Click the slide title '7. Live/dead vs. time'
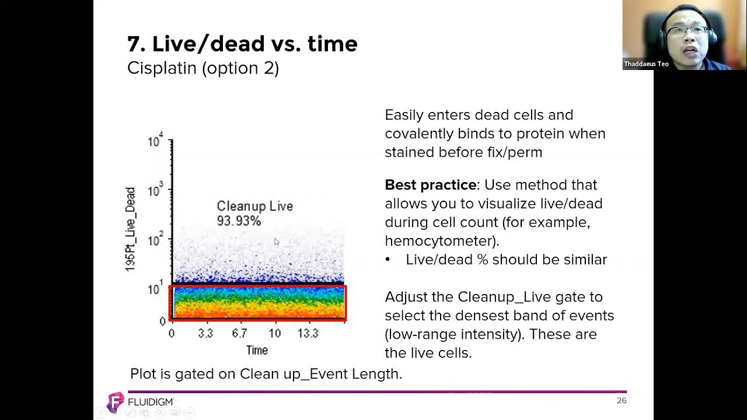click(x=242, y=44)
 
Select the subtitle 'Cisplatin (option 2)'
click(x=203, y=68)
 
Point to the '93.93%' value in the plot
click(x=239, y=221)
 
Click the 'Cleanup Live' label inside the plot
click(x=254, y=206)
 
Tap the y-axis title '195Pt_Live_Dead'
click(x=130, y=229)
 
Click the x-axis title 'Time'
click(x=257, y=350)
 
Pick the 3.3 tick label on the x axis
click(x=205, y=334)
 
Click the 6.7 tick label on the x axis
click(x=239, y=334)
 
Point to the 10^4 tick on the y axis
click(x=156, y=141)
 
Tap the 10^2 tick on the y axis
click(x=156, y=240)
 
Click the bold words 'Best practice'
click(x=430, y=185)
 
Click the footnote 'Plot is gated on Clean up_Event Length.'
click(x=266, y=374)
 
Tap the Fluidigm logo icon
click(x=116, y=402)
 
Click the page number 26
click(x=622, y=401)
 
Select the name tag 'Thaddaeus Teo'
click(x=646, y=64)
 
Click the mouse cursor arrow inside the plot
click(x=277, y=242)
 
